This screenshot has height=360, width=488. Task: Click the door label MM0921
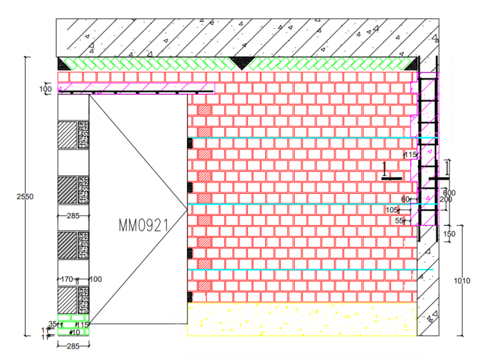click(x=143, y=225)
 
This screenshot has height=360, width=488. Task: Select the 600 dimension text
click(x=449, y=193)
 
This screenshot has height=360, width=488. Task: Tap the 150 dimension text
click(x=449, y=234)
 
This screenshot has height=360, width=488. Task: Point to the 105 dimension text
click(x=392, y=210)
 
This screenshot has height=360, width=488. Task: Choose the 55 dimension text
click(x=399, y=221)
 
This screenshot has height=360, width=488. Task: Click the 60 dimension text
click(x=405, y=200)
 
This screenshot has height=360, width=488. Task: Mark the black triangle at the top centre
click(x=241, y=63)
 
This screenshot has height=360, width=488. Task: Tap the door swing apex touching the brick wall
click(x=186, y=207)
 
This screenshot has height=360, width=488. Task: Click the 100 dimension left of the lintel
click(x=45, y=89)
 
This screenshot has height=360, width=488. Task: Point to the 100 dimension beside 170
click(x=95, y=279)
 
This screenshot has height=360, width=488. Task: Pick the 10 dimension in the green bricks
click(x=75, y=332)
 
